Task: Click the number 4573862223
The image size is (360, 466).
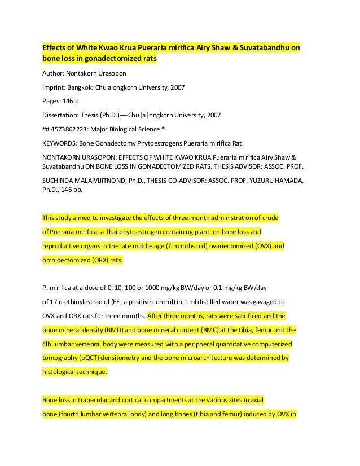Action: (x=73, y=129)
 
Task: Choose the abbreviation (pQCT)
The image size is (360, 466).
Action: (x=90, y=358)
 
